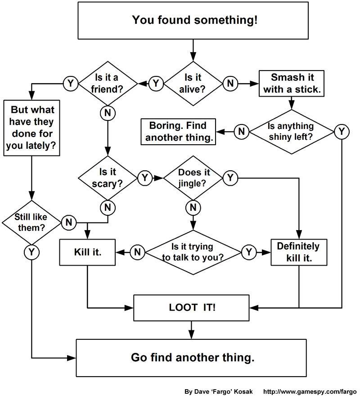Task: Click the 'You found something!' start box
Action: coord(194,20)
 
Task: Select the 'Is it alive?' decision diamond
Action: coord(193,83)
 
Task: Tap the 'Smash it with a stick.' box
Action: coord(292,83)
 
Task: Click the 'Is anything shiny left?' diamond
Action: coord(291,131)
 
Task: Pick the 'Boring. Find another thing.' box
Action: coord(179,131)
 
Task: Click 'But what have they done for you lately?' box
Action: coord(32,128)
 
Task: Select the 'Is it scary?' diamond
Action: coord(107,178)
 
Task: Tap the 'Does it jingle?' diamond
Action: coord(193,178)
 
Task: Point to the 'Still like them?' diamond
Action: coord(31,222)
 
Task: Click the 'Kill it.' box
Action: coord(87,253)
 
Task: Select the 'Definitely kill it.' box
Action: coord(298,253)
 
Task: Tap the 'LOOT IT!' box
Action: coord(192,308)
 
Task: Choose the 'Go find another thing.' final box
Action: coord(193,358)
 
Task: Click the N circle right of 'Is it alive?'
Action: coord(230,84)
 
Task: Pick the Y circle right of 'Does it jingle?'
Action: coord(230,178)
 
